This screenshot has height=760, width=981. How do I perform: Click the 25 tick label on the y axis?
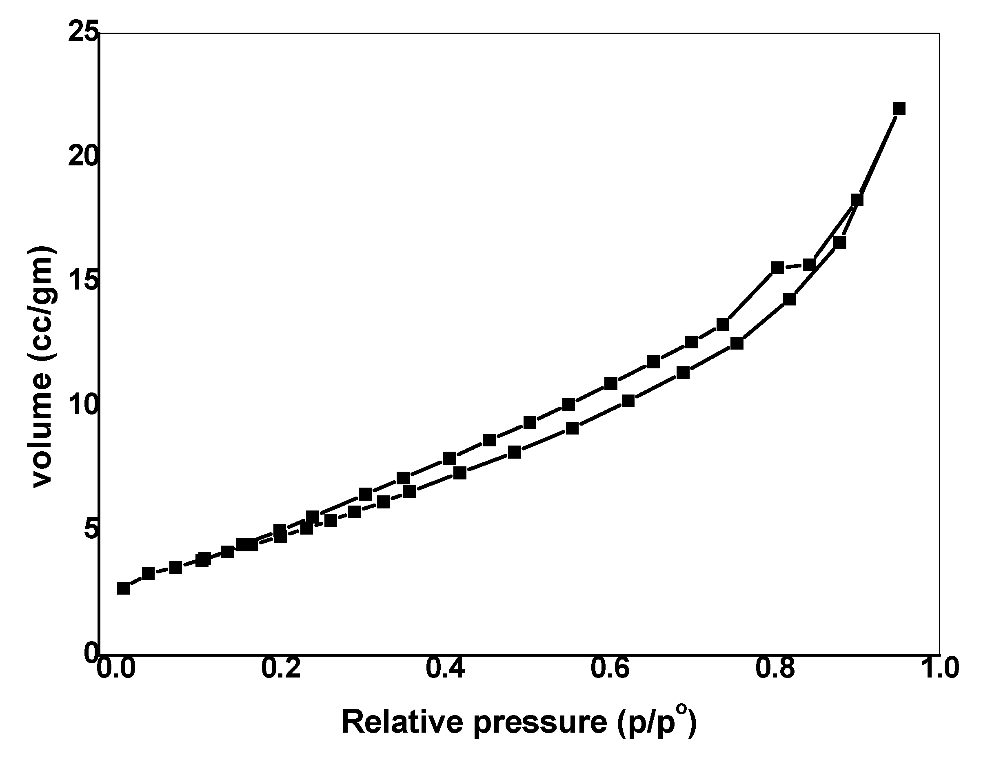pyautogui.click(x=82, y=34)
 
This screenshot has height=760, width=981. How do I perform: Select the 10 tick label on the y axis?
pyautogui.click(x=82, y=406)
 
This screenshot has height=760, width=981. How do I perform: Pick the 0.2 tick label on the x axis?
pyautogui.click(x=281, y=668)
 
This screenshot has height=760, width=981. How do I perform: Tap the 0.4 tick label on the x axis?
pyautogui.click(x=446, y=668)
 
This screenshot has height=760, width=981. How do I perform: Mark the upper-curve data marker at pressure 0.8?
pyautogui.click(x=777, y=267)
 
